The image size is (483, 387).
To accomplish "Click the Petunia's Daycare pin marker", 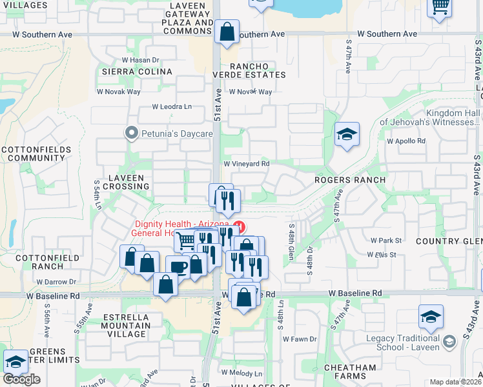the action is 132,134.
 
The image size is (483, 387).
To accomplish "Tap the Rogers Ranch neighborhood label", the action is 350,180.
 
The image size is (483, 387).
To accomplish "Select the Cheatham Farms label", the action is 351,372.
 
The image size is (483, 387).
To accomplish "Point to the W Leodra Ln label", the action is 172,106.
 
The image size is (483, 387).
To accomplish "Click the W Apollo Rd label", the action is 406,141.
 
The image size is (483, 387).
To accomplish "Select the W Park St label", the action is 386,240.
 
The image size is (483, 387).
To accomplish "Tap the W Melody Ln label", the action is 241,373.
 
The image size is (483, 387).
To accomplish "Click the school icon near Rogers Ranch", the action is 347,135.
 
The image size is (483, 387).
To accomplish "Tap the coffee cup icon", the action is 178,268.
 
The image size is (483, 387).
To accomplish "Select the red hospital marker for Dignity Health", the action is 240,226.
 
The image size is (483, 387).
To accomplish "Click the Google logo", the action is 22,379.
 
